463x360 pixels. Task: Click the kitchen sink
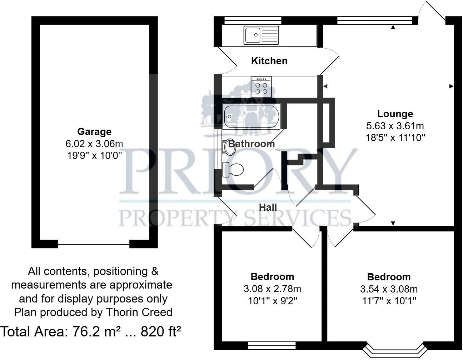[x=261, y=35]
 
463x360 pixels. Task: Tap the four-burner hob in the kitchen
[x=261, y=87]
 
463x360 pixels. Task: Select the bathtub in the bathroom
[x=252, y=116]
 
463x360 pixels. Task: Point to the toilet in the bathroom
[x=233, y=169]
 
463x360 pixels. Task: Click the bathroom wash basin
[x=229, y=147]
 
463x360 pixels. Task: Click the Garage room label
[x=94, y=132]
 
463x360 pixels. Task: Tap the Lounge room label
[x=395, y=114]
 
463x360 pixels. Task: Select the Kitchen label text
[x=269, y=61]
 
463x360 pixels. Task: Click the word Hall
[x=268, y=207]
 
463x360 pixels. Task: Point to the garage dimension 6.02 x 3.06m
[x=94, y=144]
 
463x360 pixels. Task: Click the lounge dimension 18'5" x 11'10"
[x=395, y=137]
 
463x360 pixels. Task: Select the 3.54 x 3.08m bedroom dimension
[x=389, y=289]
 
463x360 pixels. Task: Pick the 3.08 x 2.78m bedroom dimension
[x=272, y=289]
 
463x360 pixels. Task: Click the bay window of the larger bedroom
[x=394, y=350]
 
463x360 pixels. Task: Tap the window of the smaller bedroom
[x=272, y=346]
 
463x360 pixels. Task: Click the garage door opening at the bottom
[x=94, y=245]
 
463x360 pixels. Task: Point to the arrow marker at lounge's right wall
[x=451, y=86]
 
